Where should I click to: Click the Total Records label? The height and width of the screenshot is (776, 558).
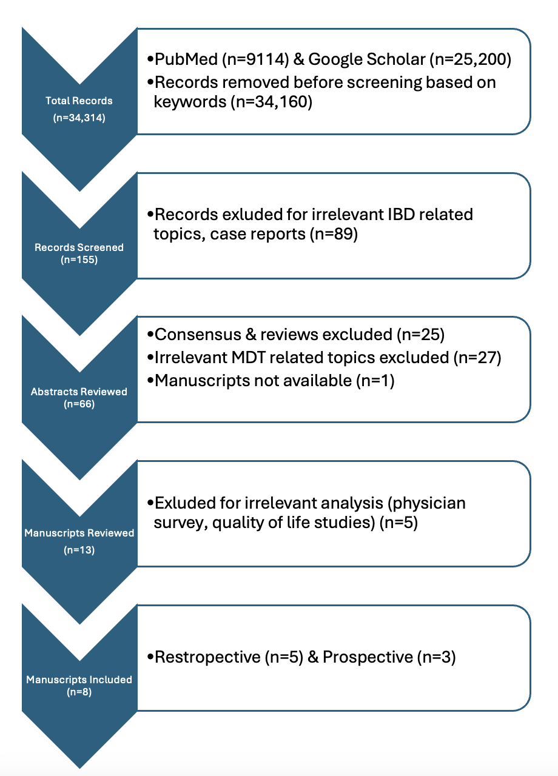click(x=79, y=101)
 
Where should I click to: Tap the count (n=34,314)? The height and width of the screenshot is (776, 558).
click(x=79, y=118)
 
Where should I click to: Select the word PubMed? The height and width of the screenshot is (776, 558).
click(x=186, y=59)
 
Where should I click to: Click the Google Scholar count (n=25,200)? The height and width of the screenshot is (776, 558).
click(x=470, y=59)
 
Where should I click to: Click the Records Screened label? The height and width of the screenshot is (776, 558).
click(x=79, y=247)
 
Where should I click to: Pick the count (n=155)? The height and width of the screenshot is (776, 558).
click(x=79, y=259)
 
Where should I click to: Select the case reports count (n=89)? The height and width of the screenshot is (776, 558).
click(x=334, y=234)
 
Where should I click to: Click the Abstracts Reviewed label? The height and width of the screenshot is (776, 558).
click(x=79, y=392)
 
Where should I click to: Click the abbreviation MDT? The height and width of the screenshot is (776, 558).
click(x=248, y=358)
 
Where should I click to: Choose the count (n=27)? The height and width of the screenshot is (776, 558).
click(x=477, y=358)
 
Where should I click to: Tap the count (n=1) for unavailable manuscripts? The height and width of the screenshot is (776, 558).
click(x=375, y=381)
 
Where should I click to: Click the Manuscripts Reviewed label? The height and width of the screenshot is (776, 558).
click(x=79, y=533)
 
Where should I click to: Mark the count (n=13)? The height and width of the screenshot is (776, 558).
click(x=79, y=550)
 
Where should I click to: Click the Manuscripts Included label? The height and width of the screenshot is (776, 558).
click(x=79, y=680)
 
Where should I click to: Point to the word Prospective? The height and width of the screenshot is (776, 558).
click(x=368, y=657)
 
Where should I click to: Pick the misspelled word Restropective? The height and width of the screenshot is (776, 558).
click(x=207, y=657)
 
